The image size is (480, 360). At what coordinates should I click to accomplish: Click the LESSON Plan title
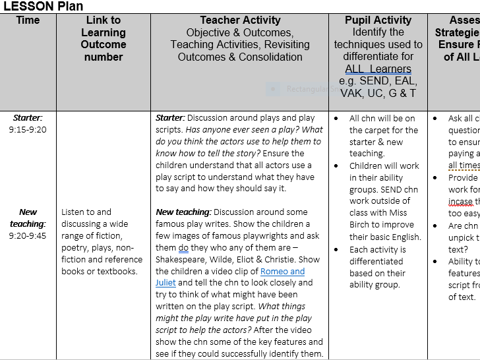tap(43, 7)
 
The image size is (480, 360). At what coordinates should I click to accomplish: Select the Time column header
tap(28, 20)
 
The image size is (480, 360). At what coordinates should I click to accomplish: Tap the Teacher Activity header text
tap(240, 20)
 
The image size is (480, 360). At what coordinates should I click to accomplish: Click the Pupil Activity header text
tap(377, 20)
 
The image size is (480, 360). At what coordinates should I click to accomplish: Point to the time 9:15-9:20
tap(28, 130)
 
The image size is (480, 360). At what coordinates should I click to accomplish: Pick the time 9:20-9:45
tap(28, 235)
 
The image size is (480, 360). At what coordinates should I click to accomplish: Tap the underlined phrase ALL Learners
tap(378, 69)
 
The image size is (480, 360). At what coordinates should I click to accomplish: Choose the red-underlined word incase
tap(460, 201)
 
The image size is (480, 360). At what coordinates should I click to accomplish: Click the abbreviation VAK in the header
tap(354, 93)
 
